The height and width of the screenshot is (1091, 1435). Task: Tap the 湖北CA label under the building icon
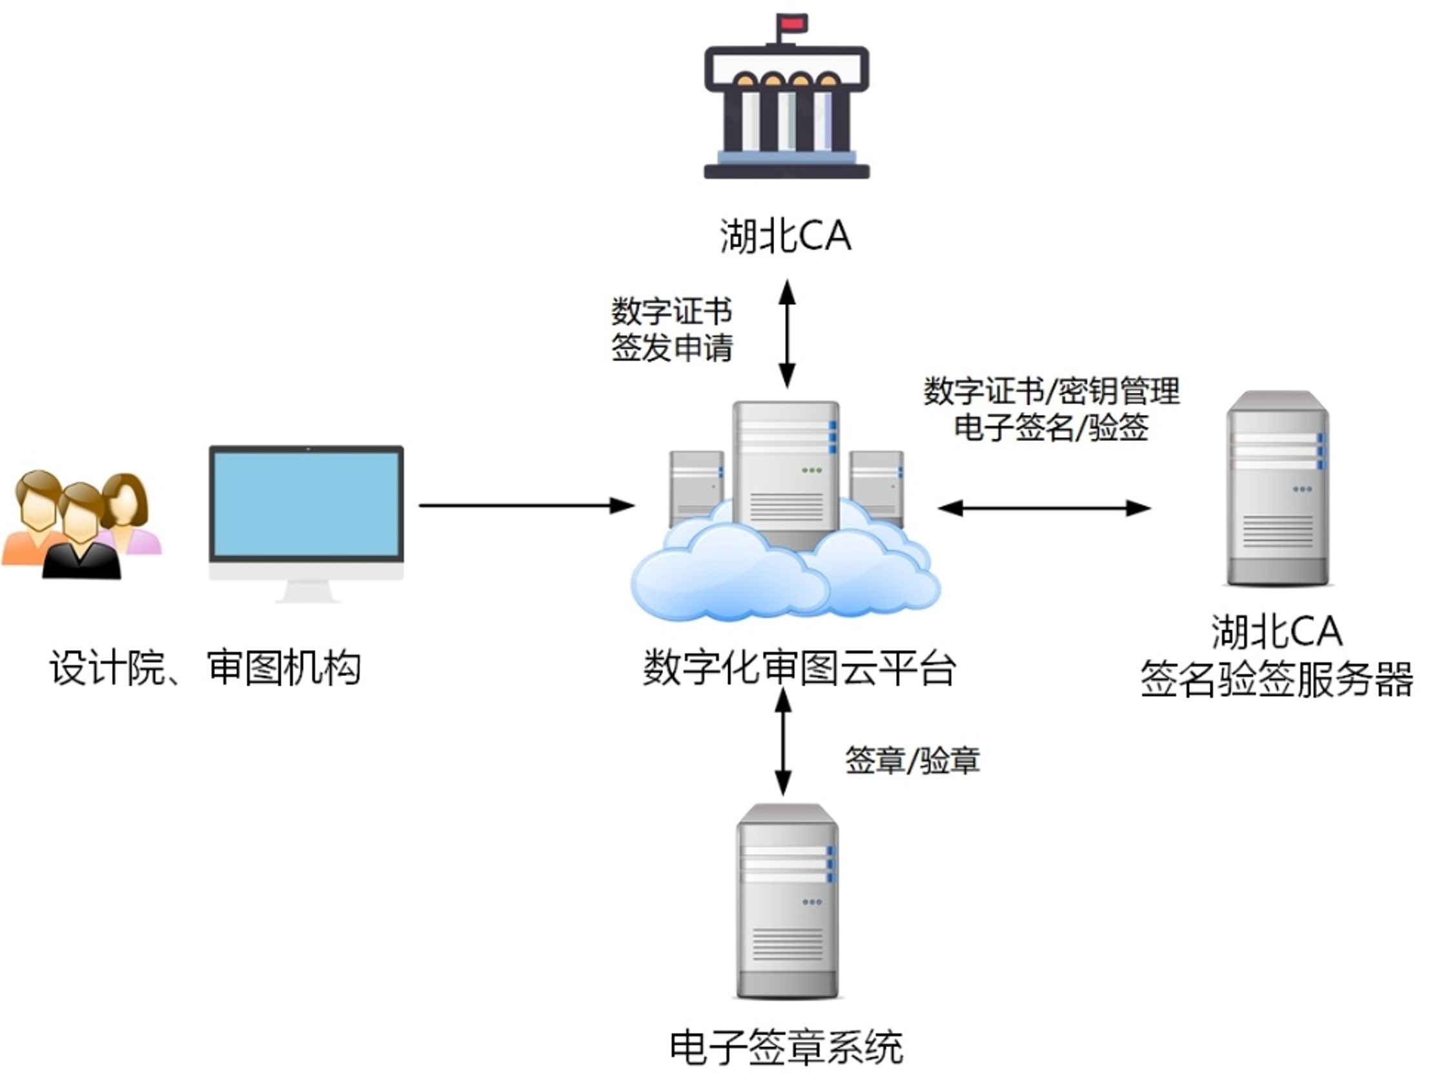click(x=785, y=236)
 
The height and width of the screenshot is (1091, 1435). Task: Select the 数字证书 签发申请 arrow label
click(x=671, y=329)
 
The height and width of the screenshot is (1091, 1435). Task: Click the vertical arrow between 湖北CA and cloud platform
click(x=787, y=334)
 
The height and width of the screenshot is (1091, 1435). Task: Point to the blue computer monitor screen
click(x=306, y=505)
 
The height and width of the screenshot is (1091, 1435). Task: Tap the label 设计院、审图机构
click(x=205, y=668)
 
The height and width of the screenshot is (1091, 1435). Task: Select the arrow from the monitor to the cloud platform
click(x=526, y=505)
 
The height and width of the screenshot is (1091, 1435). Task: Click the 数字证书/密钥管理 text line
click(x=1052, y=391)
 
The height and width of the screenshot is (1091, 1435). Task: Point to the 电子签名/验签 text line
click(x=1052, y=427)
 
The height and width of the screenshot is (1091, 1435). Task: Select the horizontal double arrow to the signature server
click(x=1044, y=508)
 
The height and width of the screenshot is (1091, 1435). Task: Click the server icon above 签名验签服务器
click(x=1277, y=488)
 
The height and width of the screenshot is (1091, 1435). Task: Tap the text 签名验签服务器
click(x=1277, y=680)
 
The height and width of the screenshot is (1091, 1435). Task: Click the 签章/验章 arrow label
click(x=912, y=760)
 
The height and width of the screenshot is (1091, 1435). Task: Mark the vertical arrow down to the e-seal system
click(x=783, y=742)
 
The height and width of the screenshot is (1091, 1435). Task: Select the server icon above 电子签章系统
click(x=787, y=902)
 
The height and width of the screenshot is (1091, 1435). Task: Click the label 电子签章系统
click(x=786, y=1048)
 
